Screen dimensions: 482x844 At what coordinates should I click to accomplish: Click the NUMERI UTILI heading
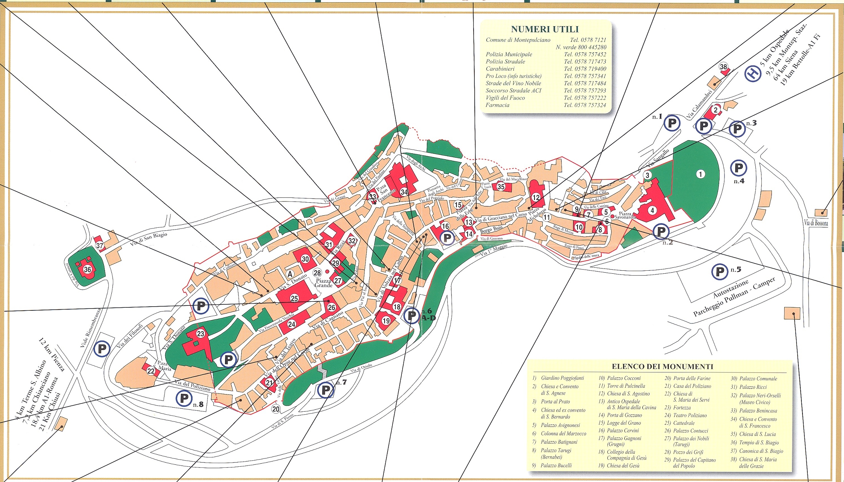[x=545, y=29]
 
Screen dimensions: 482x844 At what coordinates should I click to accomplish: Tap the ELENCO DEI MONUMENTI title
[x=662, y=367]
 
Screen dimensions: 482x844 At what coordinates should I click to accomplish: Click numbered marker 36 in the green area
[x=87, y=269]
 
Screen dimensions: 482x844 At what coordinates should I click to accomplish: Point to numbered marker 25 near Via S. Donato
[x=294, y=298]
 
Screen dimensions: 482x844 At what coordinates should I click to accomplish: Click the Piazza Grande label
[x=324, y=283]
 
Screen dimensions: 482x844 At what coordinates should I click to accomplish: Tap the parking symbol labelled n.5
[x=720, y=272]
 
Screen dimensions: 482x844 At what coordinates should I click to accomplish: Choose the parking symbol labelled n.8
[x=184, y=399]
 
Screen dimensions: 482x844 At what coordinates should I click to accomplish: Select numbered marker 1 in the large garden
[x=700, y=174]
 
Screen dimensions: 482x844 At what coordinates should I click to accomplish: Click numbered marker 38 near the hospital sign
[x=724, y=67]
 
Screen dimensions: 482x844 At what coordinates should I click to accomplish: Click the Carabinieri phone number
[x=585, y=69]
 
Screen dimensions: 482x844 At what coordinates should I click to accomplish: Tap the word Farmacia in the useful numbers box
[x=497, y=105]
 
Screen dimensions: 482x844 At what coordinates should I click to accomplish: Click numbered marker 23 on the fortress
[x=200, y=334]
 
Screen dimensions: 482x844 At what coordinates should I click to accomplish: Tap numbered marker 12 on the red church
[x=536, y=197]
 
